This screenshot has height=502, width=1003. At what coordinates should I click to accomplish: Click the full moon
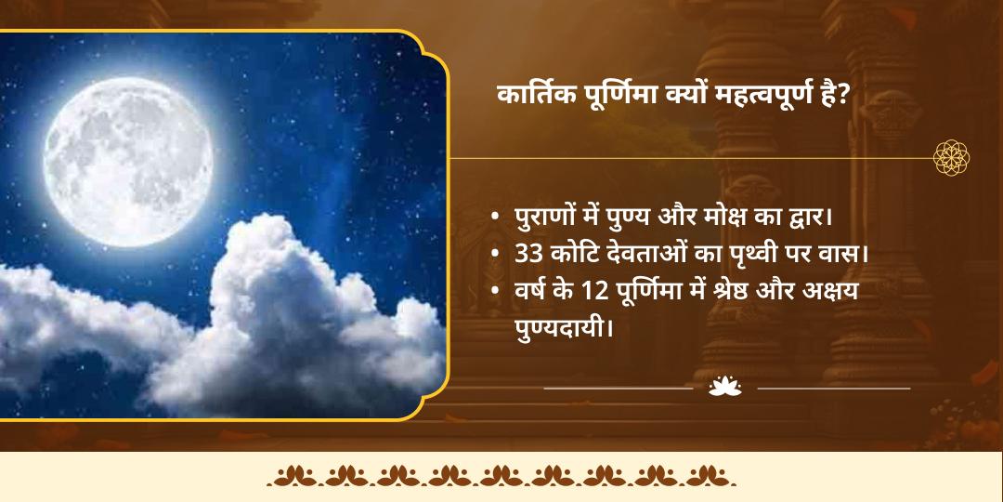pyautogui.click(x=128, y=150)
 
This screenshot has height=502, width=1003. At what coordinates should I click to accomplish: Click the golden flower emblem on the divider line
pyautogui.click(x=951, y=158)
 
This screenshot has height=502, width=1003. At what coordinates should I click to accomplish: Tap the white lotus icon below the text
pyautogui.click(x=725, y=387)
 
